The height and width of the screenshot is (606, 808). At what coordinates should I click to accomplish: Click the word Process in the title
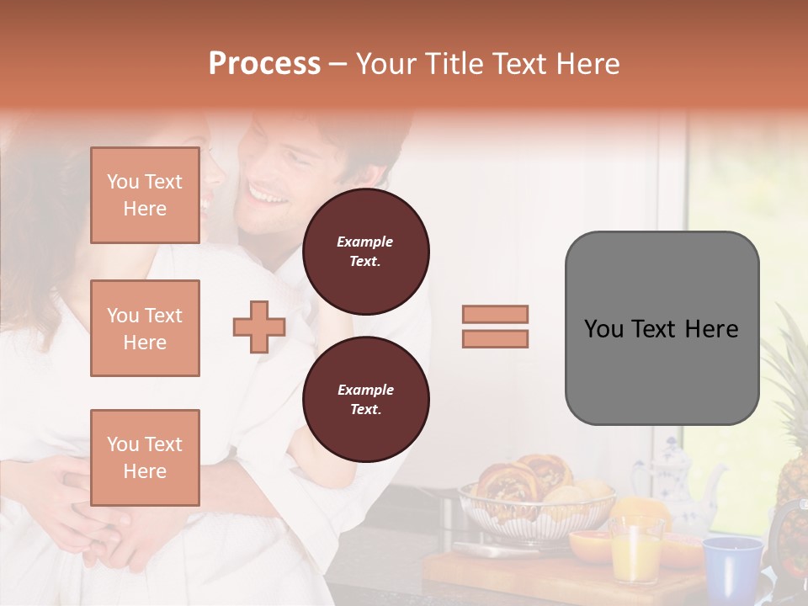264,64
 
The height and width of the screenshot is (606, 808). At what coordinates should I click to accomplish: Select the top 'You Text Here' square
145,195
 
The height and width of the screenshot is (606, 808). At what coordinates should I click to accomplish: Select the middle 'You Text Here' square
145,328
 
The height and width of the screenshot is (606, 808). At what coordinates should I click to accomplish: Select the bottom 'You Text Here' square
145,457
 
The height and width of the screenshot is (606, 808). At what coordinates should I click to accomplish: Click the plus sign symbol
258,327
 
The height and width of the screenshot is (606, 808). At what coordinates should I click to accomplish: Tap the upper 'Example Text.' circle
365,251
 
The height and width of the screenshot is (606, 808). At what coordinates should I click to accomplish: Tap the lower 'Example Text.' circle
365,399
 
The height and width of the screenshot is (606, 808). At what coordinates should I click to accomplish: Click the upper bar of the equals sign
495,314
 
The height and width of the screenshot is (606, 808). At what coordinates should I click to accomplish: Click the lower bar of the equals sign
495,338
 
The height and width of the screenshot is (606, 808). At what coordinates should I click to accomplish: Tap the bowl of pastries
536,501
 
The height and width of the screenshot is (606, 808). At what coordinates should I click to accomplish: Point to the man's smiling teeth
268,194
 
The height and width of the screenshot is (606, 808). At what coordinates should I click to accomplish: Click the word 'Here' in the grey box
711,329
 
